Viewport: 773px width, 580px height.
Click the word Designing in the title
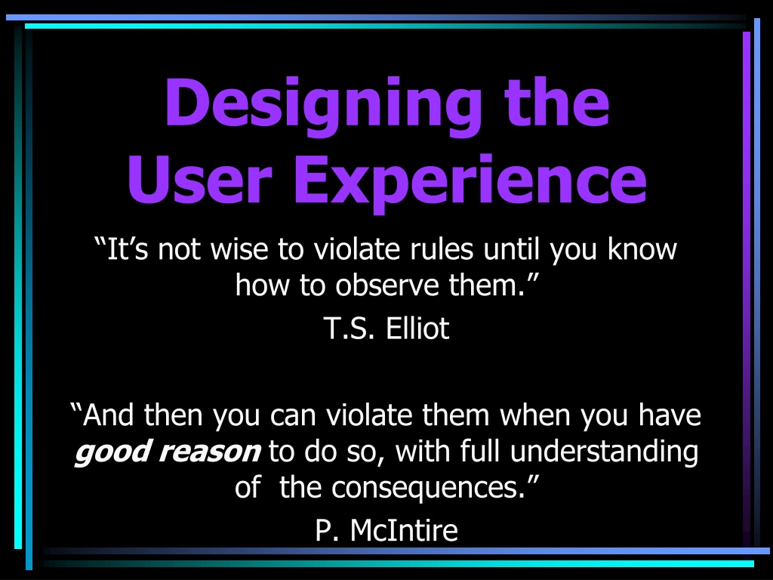323,106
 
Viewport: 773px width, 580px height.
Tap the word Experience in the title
470,183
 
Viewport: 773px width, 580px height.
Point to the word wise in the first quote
239,249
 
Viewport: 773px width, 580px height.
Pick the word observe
387,285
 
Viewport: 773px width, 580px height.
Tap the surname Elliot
417,329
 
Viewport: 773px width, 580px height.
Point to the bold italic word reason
210,452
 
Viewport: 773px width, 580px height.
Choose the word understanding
604,452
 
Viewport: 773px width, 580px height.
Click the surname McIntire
404,531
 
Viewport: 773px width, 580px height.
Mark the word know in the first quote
642,249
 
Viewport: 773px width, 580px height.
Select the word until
511,249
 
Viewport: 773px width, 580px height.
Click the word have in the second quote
670,415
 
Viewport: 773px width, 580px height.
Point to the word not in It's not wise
179,249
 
